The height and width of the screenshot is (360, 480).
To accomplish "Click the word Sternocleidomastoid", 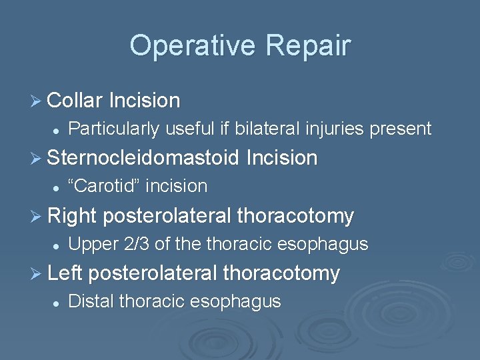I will [143, 158].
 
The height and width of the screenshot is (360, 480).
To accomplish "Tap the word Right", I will [73, 216].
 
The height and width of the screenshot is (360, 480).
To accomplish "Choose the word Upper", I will [93, 244].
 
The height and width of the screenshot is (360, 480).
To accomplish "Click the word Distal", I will [91, 301].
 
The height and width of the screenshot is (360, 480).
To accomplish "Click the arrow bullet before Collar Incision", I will [36, 101].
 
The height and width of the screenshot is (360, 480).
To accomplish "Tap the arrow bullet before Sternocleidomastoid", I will [36, 159].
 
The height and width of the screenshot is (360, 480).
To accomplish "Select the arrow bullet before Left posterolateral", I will [36, 273].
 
